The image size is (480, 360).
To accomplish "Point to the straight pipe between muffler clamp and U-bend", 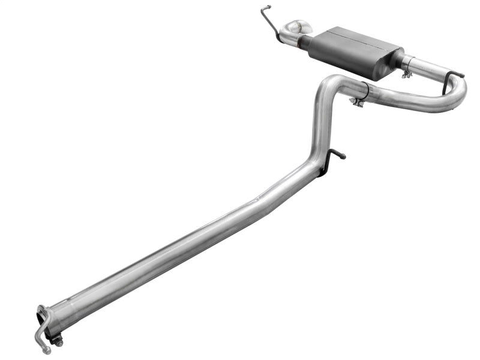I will click(429, 69).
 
